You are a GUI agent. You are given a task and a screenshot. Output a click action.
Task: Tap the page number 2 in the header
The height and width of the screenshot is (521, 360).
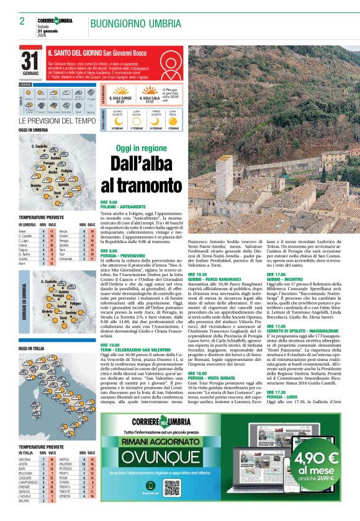click(22, 22)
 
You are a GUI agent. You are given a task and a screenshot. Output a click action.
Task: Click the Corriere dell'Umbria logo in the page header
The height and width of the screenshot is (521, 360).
click(55, 20)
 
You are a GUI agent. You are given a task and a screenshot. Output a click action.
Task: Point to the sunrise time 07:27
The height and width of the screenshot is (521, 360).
click(120, 102)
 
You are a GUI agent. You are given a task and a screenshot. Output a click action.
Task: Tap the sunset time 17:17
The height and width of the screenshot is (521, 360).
click(150, 102)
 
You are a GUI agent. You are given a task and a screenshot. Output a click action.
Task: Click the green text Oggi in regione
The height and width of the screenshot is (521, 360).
click(141, 149)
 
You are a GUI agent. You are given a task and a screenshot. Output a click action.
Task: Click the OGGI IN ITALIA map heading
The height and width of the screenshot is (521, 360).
click(32, 349)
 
